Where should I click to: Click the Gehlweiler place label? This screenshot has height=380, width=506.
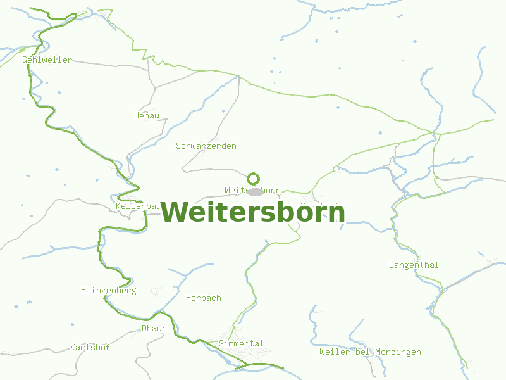(47, 60)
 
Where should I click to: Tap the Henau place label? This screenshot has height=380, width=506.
(147, 115)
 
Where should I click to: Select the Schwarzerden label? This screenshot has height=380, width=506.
(206, 146)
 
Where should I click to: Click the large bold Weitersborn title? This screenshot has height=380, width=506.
(253, 212)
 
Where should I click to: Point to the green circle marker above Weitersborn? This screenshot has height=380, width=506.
(254, 179)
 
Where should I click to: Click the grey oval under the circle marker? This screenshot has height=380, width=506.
(255, 191)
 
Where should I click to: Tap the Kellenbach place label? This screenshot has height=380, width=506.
(138, 206)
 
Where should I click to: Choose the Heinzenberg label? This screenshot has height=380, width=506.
(108, 290)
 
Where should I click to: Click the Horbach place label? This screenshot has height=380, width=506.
(204, 298)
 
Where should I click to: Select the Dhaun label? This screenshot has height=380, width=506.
(154, 328)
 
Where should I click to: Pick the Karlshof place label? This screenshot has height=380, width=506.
(90, 347)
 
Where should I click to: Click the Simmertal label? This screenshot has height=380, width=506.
(241, 343)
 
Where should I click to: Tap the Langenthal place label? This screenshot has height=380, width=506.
(414, 265)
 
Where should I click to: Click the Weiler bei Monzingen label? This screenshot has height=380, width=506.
(370, 351)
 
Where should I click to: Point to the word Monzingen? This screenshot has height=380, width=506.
(398, 351)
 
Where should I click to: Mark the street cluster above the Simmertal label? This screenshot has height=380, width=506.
(231, 332)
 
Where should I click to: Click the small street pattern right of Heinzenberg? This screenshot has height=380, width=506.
(156, 291)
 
